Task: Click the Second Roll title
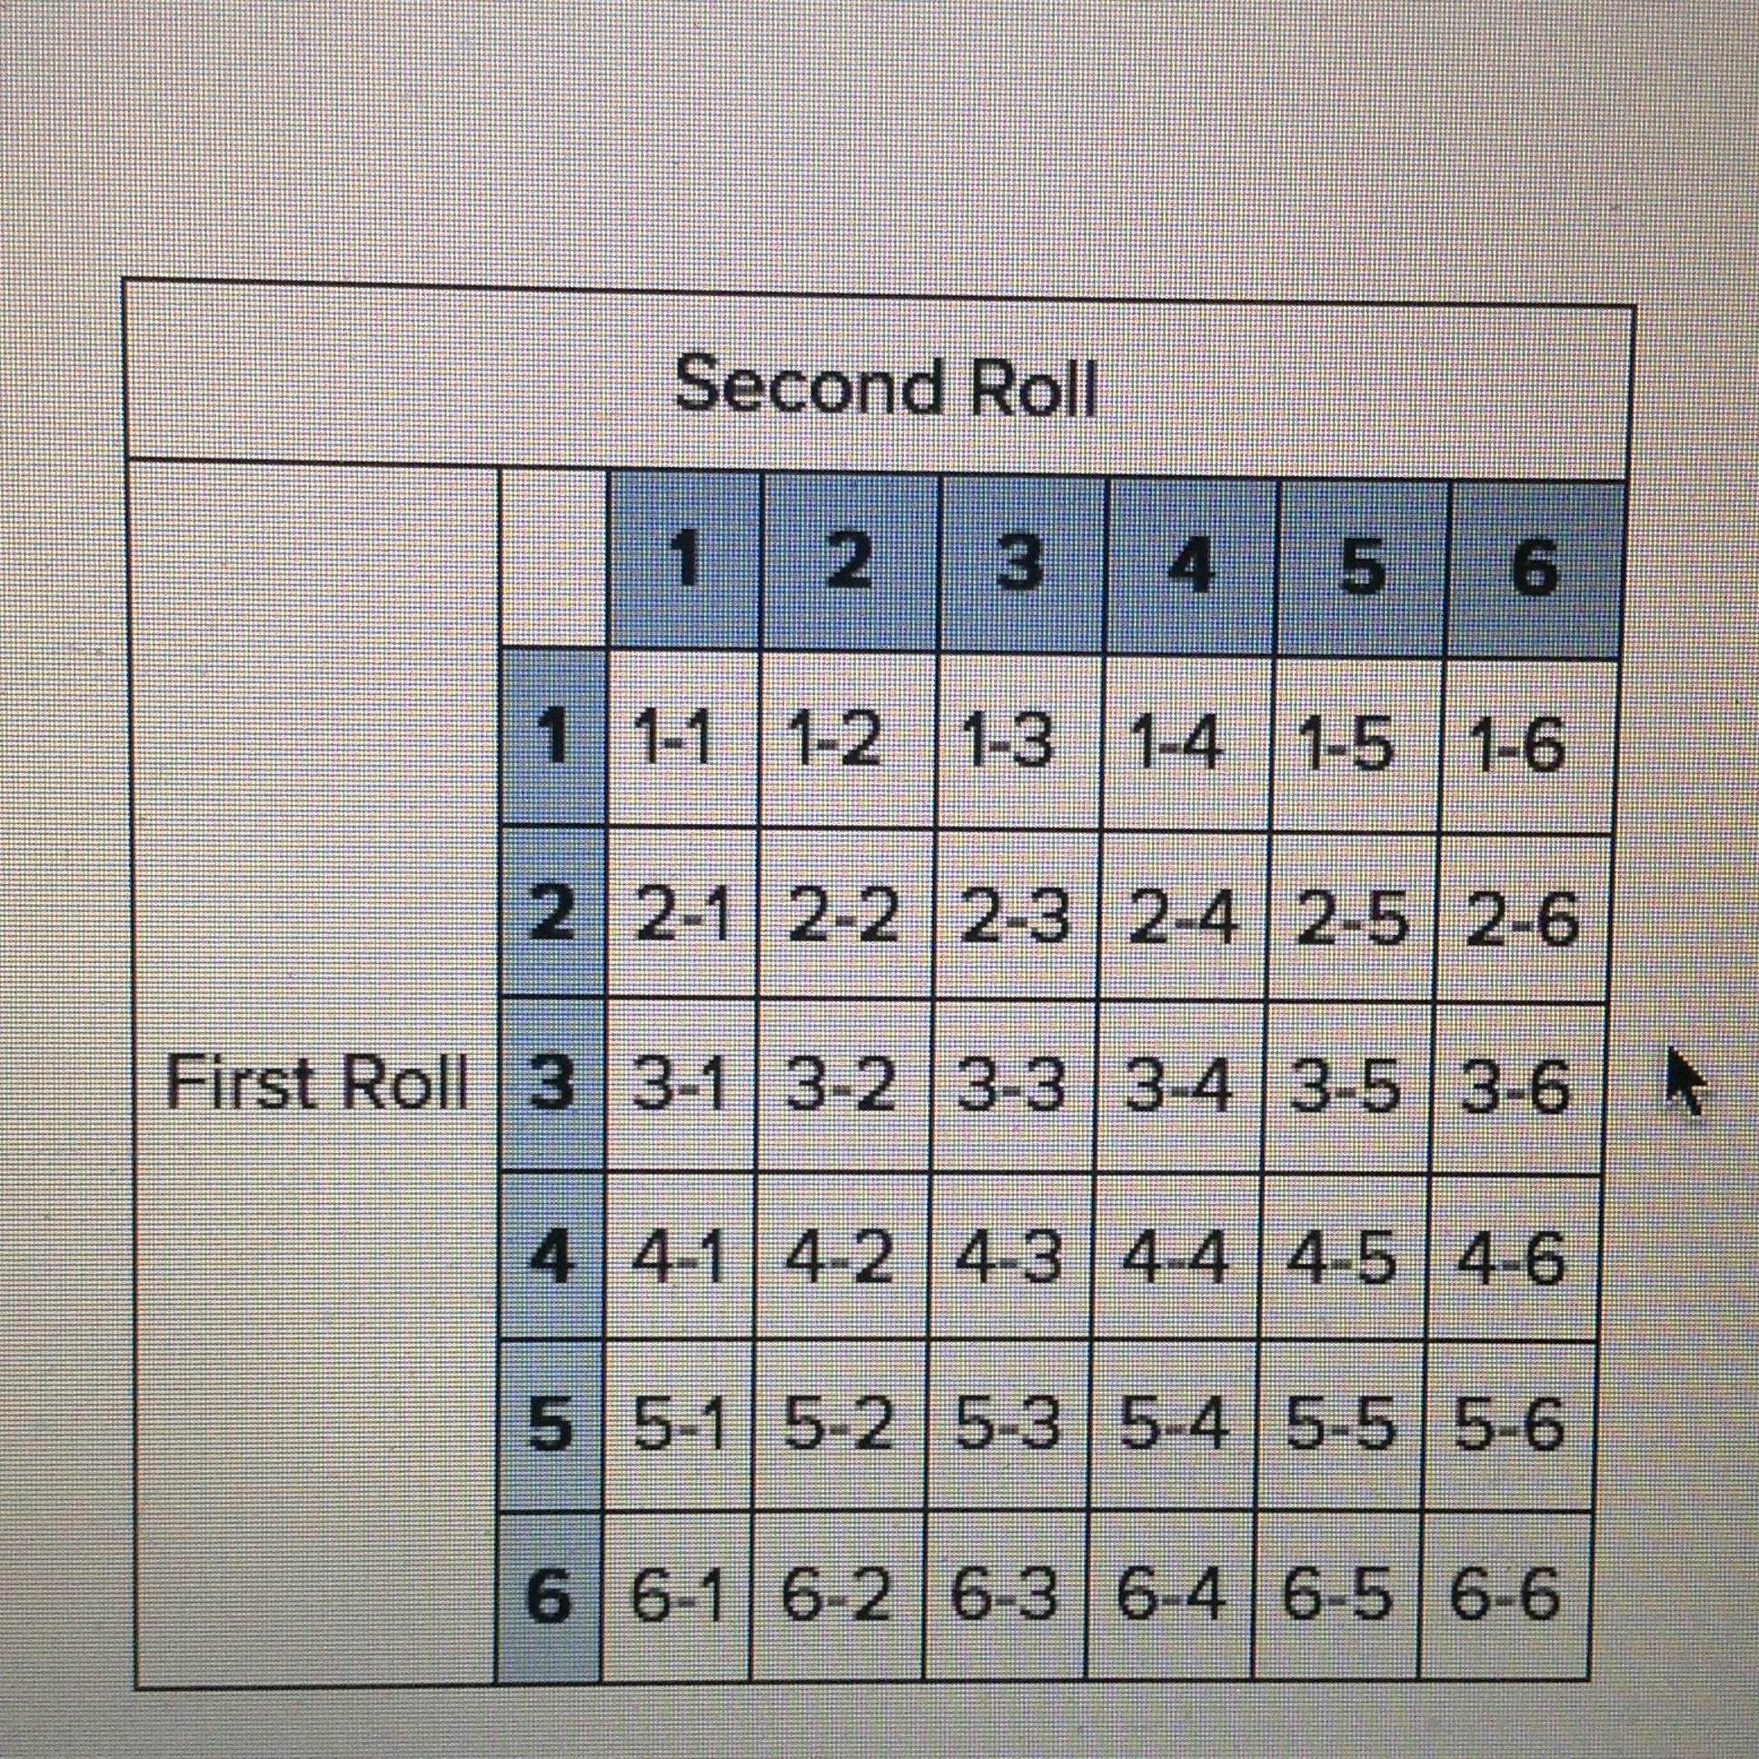[885, 386]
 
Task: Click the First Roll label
[317, 1083]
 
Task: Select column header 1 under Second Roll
[687, 563]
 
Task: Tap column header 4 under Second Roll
[1191, 566]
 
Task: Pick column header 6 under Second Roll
[1534, 569]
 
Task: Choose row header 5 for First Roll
[550, 1424]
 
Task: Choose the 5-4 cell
[1173, 1426]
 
